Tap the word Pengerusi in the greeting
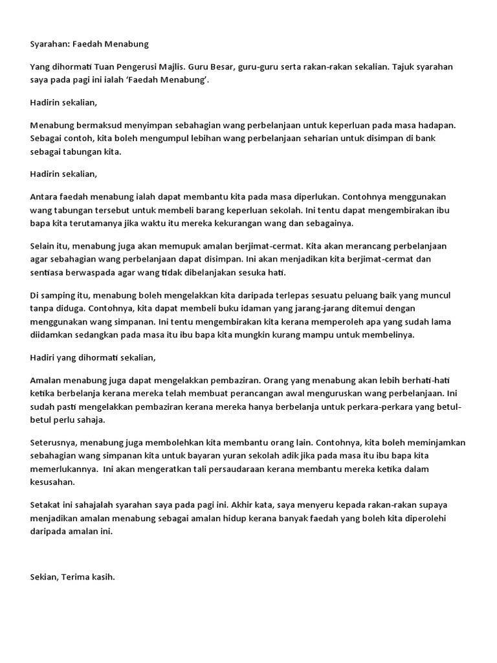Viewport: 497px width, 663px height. [142, 67]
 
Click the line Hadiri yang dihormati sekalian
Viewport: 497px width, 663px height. [93, 357]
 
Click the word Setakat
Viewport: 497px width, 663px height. [47, 504]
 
